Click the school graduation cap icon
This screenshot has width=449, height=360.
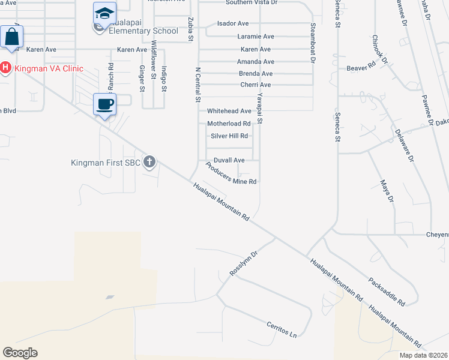coord(104,13)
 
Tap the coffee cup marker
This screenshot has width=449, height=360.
coord(105,104)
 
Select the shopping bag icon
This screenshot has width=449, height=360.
coord(11,37)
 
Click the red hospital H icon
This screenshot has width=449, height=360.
coord(5,68)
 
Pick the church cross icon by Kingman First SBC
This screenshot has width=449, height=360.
coord(149,161)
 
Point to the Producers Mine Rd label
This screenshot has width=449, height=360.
coord(231,174)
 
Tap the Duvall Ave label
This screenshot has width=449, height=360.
coord(229,160)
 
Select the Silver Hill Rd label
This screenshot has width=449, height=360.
coord(229,136)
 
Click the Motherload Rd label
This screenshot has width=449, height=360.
coord(229,124)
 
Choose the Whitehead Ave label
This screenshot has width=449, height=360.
coord(229,111)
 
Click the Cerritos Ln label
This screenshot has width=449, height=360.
coord(282,329)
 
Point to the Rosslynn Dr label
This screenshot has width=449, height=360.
coord(243,263)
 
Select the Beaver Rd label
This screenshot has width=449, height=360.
coord(360,68)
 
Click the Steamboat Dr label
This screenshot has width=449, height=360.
coord(313,43)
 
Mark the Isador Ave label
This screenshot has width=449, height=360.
coord(234,23)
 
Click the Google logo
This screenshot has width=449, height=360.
coord(20,352)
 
